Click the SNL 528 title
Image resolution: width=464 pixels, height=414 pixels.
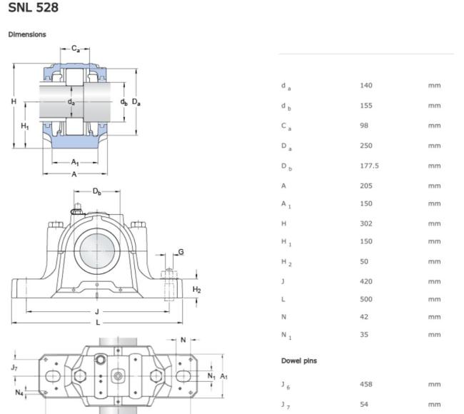[33, 7]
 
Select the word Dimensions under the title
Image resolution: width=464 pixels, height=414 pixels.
[27, 34]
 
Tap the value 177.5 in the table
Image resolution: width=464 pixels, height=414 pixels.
[369, 166]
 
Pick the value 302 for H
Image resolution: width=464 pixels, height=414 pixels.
[366, 223]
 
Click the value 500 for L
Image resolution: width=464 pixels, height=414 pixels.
[366, 299]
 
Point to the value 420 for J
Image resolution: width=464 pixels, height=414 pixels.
[366, 281]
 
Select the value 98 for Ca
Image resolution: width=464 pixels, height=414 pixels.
[364, 126]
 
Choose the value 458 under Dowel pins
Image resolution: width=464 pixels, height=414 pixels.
[366, 384]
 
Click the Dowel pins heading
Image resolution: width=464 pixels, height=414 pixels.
[299, 360]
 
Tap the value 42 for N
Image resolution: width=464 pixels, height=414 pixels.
[364, 317]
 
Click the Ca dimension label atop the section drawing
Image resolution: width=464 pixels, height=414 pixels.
[76, 49]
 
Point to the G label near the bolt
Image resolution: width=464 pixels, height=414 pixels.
[181, 252]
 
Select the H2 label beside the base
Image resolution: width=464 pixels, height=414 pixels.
[197, 290]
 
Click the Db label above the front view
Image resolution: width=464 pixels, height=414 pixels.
[97, 191]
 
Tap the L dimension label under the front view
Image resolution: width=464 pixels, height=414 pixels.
[98, 323]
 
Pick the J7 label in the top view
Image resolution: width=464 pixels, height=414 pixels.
[14, 368]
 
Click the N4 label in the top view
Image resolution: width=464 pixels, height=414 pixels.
[19, 393]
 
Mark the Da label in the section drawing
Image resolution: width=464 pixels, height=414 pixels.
[136, 102]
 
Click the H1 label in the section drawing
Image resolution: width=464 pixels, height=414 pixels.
[25, 126]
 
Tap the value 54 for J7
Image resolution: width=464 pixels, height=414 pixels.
[364, 404]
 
